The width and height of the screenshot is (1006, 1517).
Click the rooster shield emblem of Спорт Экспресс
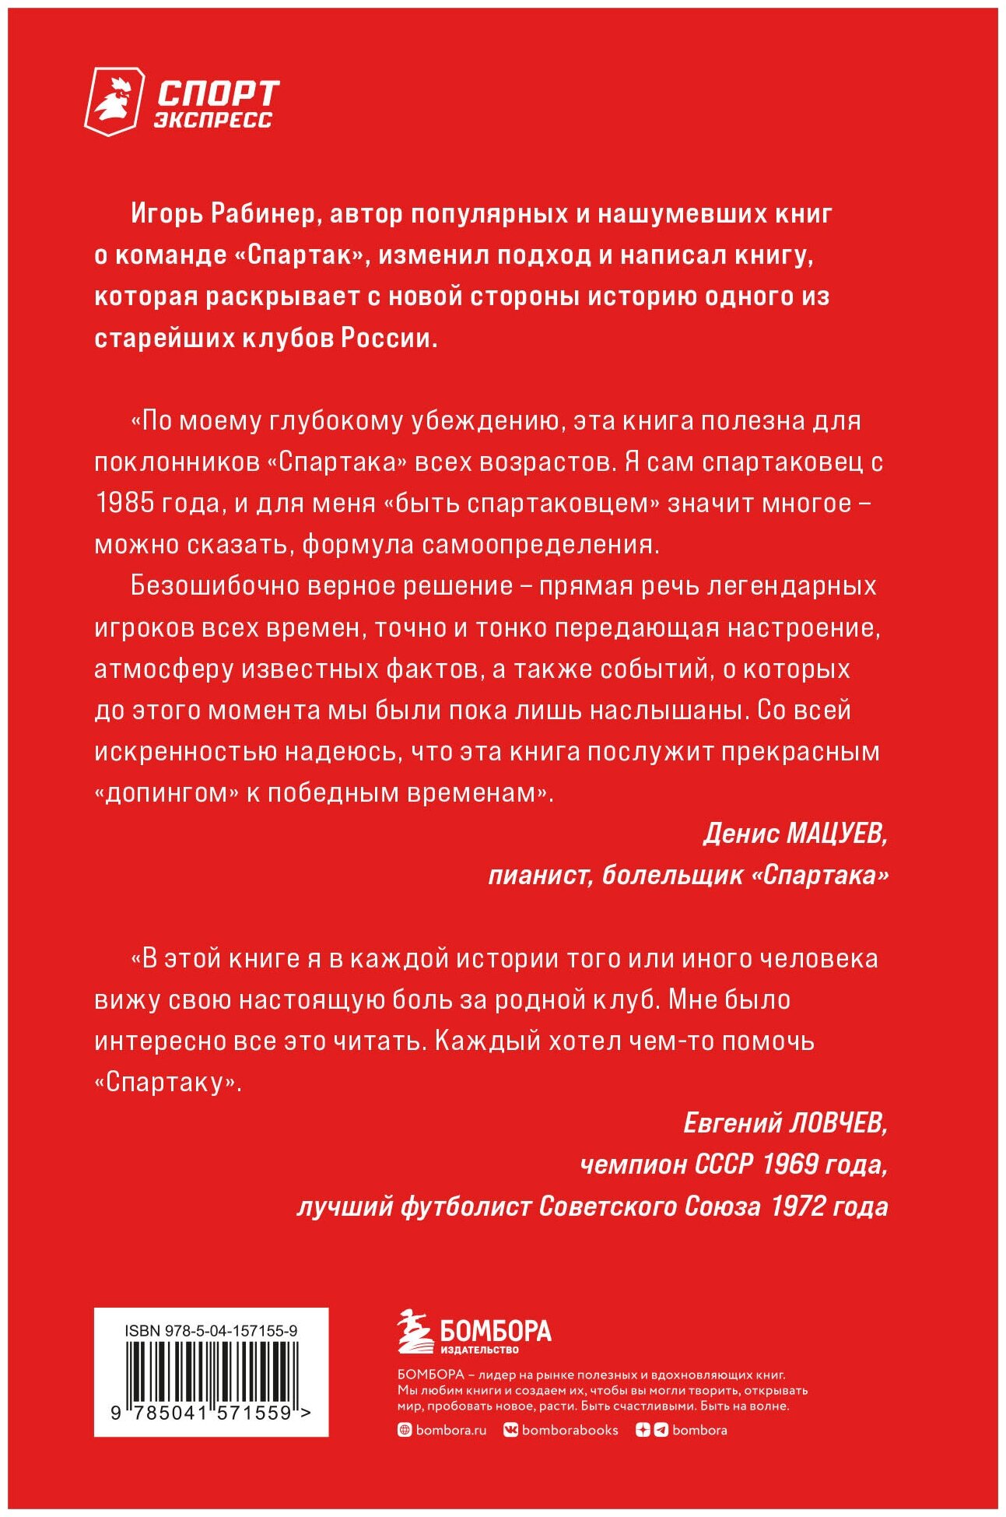pos(114,101)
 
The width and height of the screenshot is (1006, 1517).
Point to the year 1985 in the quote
pos(124,504)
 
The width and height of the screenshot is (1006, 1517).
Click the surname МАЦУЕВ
pos(836,834)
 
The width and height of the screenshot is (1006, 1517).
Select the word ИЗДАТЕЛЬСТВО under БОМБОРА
pos(479,1350)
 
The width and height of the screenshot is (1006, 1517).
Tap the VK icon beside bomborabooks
pos(510,1430)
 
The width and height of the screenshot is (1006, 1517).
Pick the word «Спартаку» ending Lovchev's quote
pos(167,1083)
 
